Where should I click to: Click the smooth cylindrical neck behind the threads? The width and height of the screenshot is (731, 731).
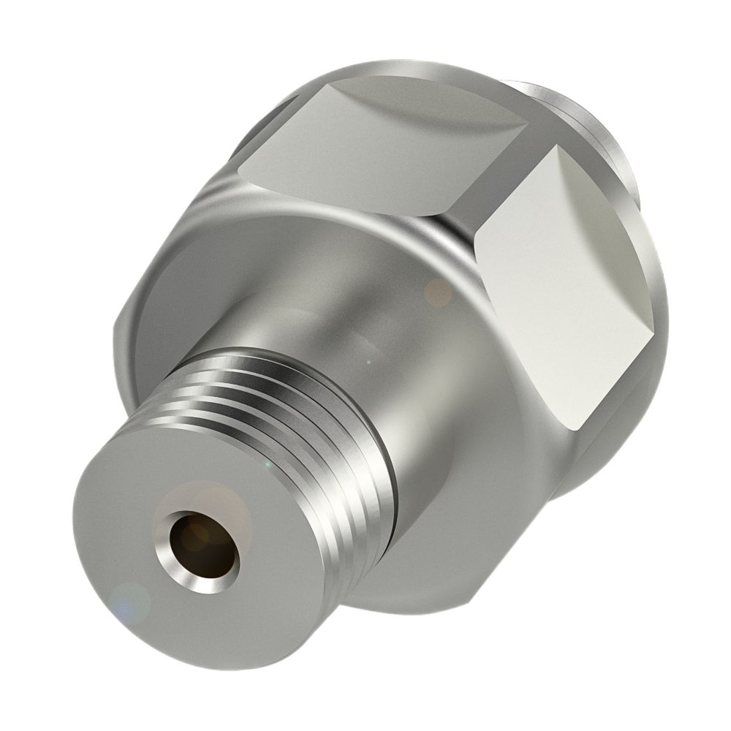[x=344, y=322]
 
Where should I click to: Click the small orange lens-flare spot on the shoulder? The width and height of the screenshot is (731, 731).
[x=439, y=292]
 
